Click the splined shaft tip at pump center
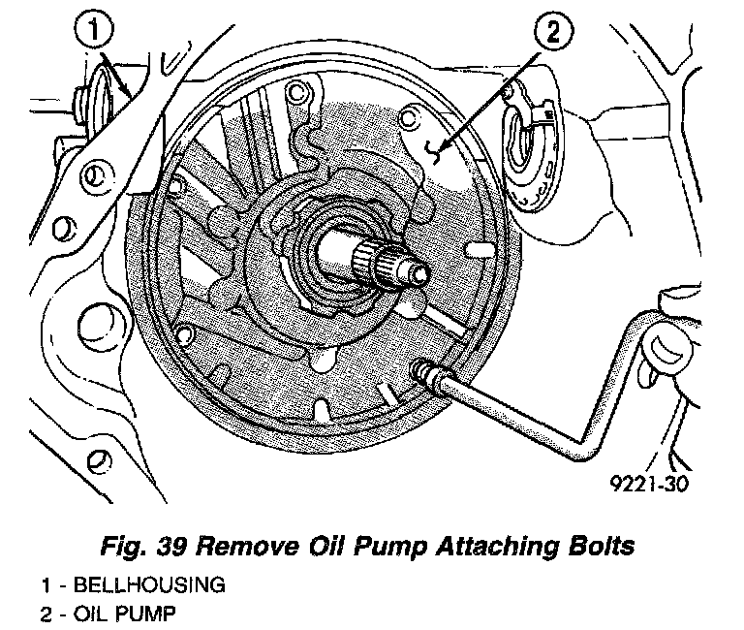pyautogui.click(x=397, y=263)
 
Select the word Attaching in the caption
pyautogui.click(x=495, y=547)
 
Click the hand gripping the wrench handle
pyautogui.click(x=678, y=359)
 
